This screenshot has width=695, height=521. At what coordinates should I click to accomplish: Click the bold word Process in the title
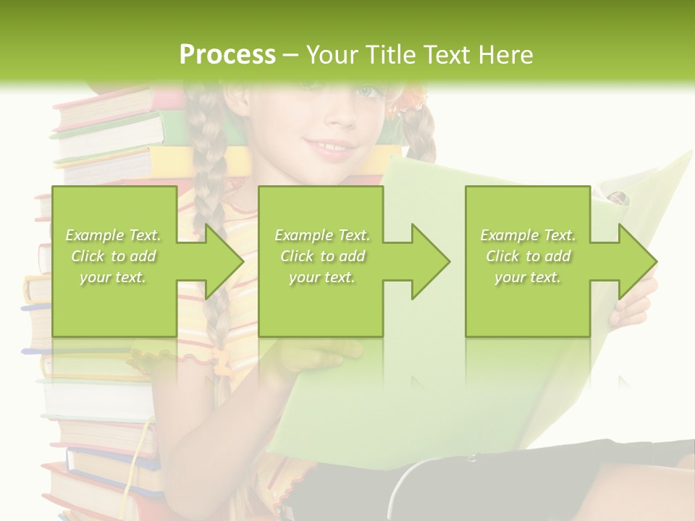pyautogui.click(x=227, y=54)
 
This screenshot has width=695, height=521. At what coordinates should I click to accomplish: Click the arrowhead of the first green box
pyautogui.click(x=224, y=262)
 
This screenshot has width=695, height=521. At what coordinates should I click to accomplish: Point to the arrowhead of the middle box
pyautogui.click(x=430, y=262)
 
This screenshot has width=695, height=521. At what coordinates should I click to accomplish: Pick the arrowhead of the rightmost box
pyautogui.click(x=637, y=262)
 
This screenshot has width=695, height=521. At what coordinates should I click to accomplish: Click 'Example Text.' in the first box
pyautogui.click(x=113, y=235)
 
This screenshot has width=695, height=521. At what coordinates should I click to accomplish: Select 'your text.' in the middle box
pyautogui.click(x=321, y=277)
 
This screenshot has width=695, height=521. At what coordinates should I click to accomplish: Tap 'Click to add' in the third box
pyautogui.click(x=528, y=256)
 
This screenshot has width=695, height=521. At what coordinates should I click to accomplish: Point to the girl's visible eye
pyautogui.click(x=367, y=92)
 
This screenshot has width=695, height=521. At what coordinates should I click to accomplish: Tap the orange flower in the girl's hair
pyautogui.click(x=410, y=100)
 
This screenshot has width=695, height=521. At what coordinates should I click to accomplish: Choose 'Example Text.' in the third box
pyautogui.click(x=528, y=235)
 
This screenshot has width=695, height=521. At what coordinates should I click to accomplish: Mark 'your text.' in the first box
pyautogui.click(x=113, y=277)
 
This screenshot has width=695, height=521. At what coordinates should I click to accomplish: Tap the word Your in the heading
pyautogui.click(x=330, y=54)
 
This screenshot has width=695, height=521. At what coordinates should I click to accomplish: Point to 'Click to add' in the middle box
pyautogui.click(x=322, y=256)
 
